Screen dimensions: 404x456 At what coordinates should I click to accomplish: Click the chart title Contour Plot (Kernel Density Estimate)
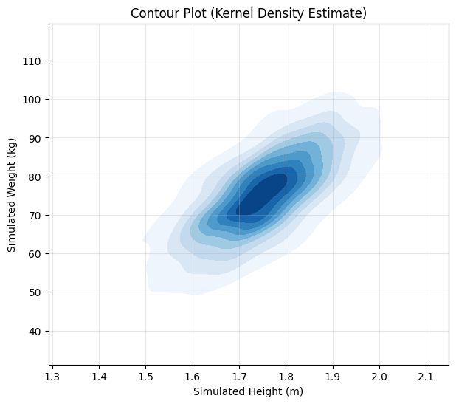(248, 13)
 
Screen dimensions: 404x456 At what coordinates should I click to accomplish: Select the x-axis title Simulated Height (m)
(248, 391)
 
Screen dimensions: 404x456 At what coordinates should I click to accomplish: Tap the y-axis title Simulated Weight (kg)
(12, 194)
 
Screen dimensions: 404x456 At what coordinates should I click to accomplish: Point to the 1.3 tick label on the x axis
(52, 377)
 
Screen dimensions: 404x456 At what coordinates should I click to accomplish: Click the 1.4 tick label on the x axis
(99, 377)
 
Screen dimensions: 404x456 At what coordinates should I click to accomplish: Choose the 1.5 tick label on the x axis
(145, 377)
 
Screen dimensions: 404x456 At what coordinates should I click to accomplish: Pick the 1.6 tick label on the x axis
(193, 377)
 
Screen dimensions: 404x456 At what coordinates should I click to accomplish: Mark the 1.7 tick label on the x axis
(239, 377)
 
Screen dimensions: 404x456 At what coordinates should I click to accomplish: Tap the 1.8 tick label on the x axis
(286, 377)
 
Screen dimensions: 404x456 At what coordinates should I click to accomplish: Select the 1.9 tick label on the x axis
(333, 377)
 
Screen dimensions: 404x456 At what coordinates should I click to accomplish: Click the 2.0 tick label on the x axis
(379, 377)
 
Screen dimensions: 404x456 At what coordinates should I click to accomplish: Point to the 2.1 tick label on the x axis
(426, 377)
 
